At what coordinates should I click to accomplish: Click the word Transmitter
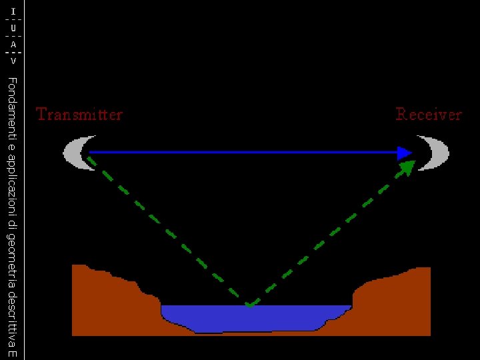click(79, 115)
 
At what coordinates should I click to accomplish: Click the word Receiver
click(429, 115)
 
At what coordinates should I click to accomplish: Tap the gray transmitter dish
click(75, 153)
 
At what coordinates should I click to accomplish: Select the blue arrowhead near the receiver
click(404, 153)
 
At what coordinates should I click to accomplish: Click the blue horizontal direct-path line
click(240, 153)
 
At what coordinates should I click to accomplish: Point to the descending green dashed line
click(167, 231)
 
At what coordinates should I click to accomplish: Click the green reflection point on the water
click(249, 305)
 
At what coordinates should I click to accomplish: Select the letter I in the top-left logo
click(13, 12)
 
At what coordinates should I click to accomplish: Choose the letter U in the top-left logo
click(13, 29)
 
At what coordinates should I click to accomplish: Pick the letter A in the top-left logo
click(13, 45)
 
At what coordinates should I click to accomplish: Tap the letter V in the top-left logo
click(13, 61)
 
